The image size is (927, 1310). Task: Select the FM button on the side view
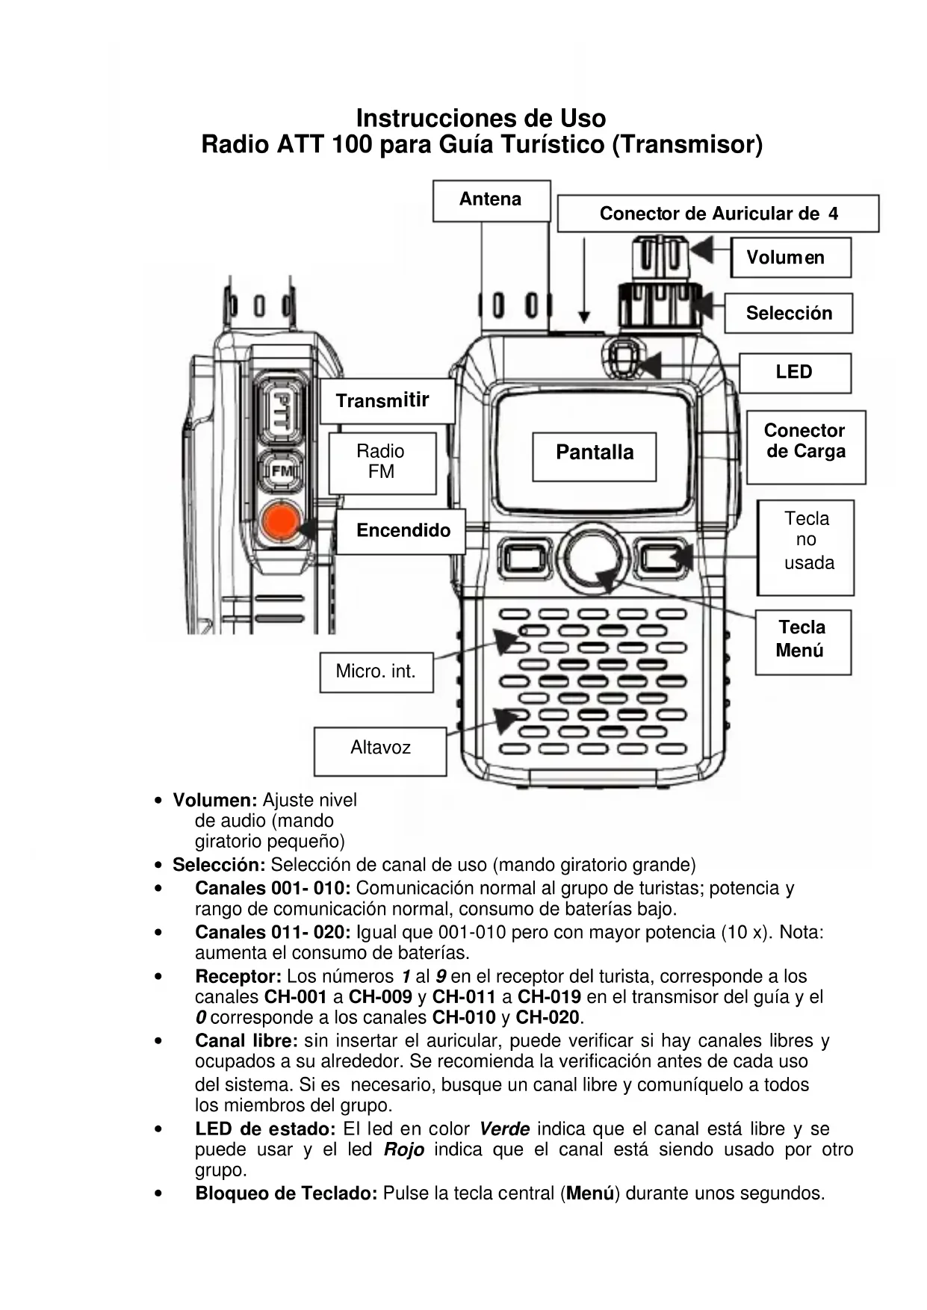tap(281, 471)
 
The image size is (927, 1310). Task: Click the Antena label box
tap(491, 200)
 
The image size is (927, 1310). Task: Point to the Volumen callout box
tap(790, 258)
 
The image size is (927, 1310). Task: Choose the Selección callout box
tap(788, 314)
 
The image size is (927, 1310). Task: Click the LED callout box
tap(794, 373)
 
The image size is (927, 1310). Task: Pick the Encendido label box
tap(402, 531)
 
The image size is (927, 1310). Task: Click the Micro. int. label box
tap(376, 672)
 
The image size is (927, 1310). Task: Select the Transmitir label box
tap(386, 401)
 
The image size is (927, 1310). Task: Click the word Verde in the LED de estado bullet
tap(504, 1129)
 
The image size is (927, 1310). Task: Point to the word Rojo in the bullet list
tap(404, 1150)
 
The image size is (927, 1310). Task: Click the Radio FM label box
tap(382, 462)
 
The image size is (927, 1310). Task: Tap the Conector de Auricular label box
tap(717, 214)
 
